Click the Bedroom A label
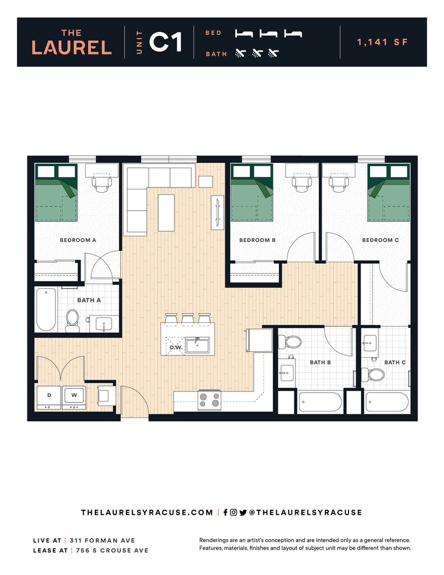pos(78,240)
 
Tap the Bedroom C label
pos(380,240)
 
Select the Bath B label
pos(320,362)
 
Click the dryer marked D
pos(49,396)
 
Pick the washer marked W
pos(74,396)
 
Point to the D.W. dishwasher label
pos(175,348)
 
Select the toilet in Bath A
pos(72,318)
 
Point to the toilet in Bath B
pos(293,341)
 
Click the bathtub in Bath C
pos(387,402)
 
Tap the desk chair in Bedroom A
pos(102,182)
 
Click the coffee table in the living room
pos(166,212)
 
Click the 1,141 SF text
pos(382,42)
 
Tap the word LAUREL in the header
pos(71,48)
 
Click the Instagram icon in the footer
pos(234,512)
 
